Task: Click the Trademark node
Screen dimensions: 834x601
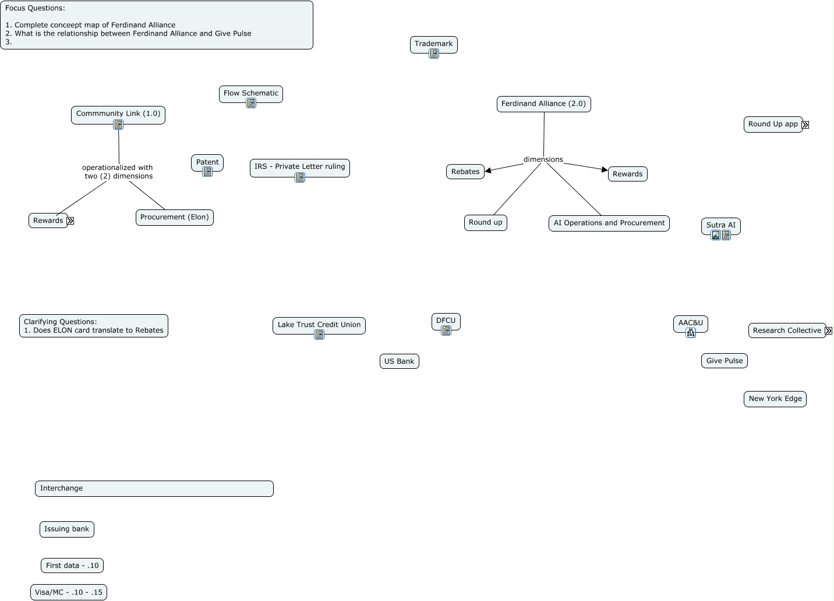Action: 433,44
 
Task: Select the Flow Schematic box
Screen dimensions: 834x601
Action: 250,93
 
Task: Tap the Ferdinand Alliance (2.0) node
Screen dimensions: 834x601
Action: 543,104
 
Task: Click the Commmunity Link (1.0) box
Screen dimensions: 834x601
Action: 118,113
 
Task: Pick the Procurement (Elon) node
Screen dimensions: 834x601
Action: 174,217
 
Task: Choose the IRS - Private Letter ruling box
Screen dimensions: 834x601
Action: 299,166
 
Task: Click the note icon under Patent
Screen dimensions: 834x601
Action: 207,172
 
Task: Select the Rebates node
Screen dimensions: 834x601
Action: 465,172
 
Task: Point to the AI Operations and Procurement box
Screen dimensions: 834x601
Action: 609,223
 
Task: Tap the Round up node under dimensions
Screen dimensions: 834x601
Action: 485,222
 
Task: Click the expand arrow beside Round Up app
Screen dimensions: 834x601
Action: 805,125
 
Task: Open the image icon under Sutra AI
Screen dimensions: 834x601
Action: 716,235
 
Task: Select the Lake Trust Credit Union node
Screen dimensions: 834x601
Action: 319,325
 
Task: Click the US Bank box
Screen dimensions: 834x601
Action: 399,361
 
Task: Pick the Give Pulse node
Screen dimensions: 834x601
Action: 724,361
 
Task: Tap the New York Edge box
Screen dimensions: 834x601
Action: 775,399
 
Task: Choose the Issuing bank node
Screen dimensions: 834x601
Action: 66,529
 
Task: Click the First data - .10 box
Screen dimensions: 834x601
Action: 72,565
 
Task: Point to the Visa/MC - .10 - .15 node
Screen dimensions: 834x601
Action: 68,592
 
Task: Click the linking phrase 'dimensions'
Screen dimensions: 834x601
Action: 543,159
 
